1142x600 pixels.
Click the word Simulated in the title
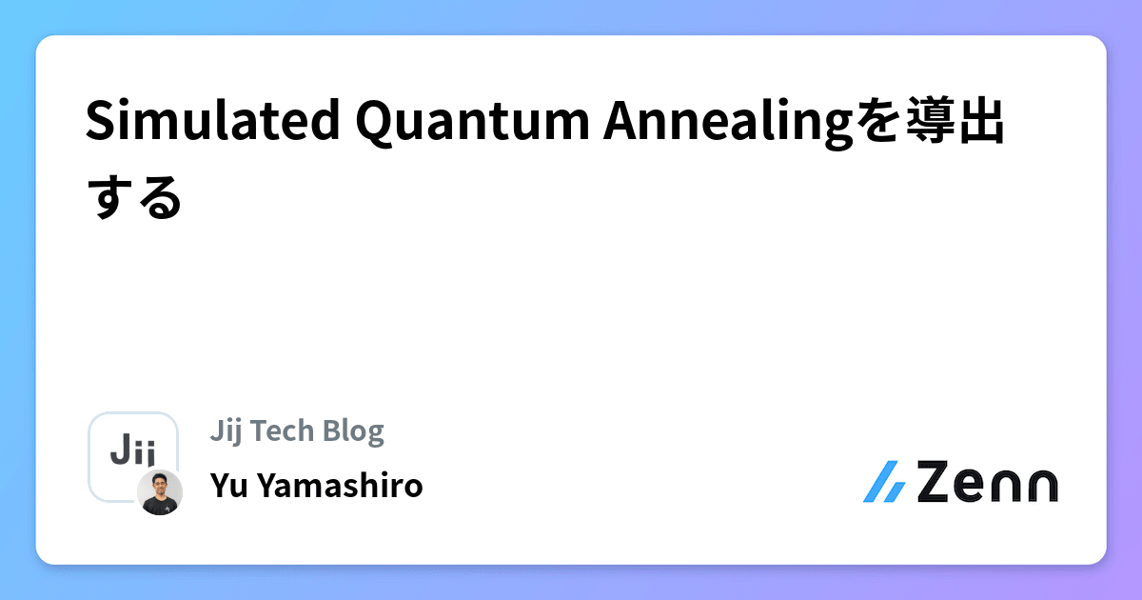point(214,122)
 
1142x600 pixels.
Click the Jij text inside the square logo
point(132,449)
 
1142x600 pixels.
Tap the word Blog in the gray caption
point(353,431)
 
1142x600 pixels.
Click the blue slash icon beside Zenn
point(885,482)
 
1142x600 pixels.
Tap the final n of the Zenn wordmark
point(1036,484)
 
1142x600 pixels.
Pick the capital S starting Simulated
point(98,122)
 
